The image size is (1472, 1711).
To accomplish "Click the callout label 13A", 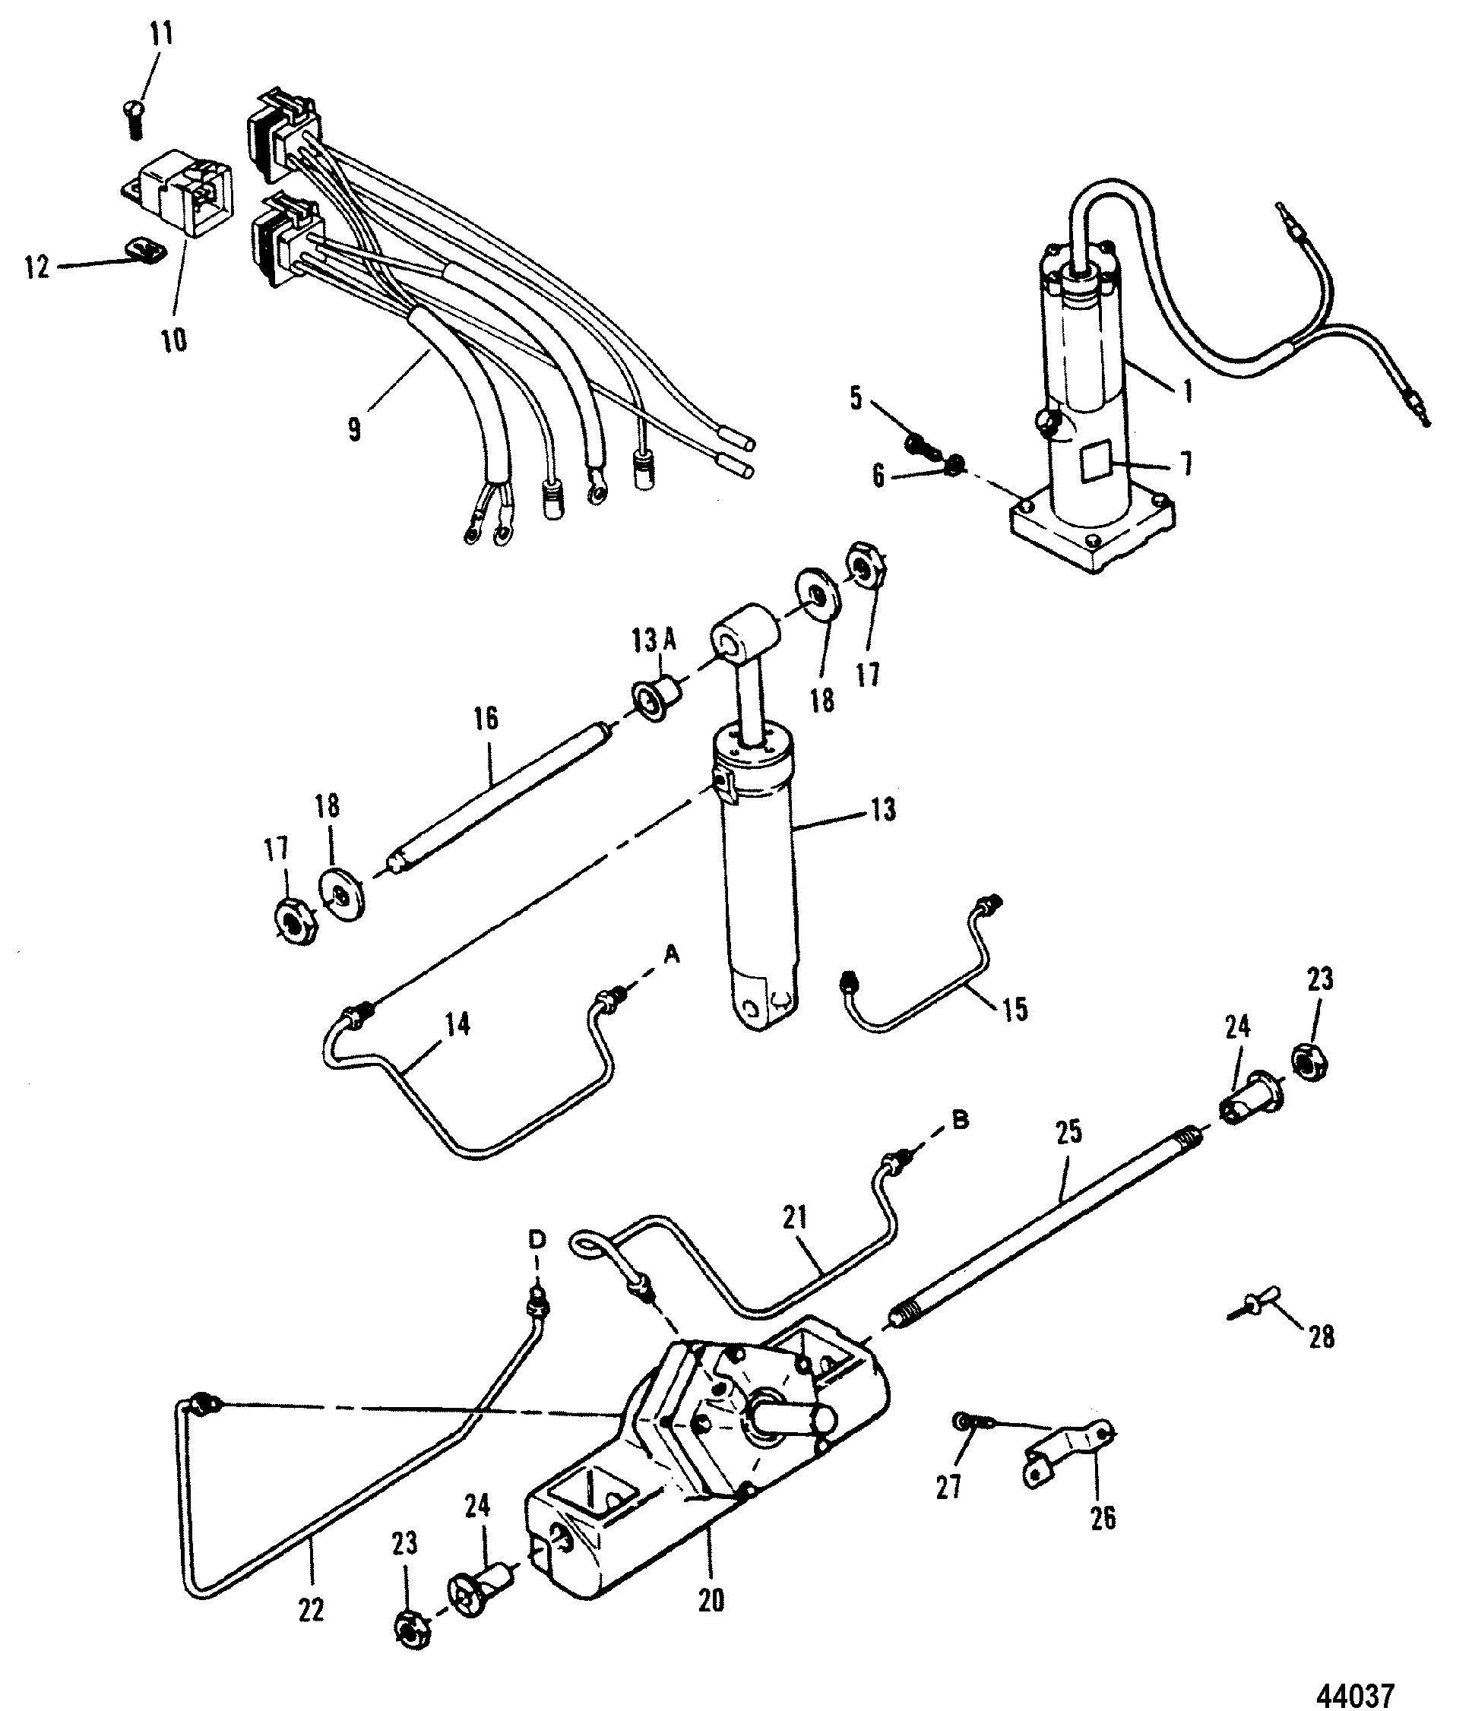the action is click(x=656, y=640).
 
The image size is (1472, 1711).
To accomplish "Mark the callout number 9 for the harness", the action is click(x=354, y=429).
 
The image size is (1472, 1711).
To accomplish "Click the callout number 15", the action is click(x=1015, y=1009).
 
